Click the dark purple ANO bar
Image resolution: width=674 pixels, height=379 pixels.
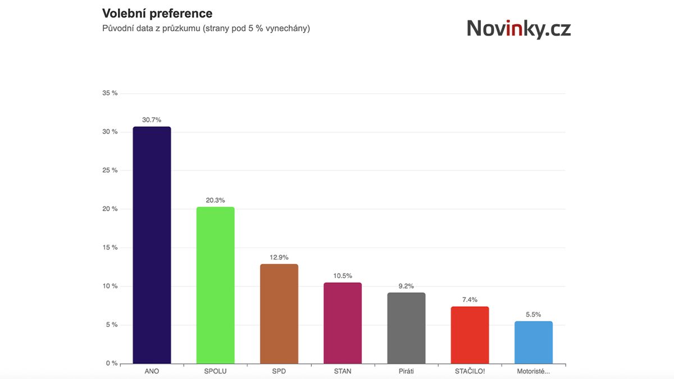pos(152,245)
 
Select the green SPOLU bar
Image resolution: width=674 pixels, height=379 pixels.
pos(215,285)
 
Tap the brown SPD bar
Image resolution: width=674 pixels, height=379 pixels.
pos(279,314)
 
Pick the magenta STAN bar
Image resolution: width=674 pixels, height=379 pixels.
pos(343,323)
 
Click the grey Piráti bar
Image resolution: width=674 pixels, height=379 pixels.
pos(406,328)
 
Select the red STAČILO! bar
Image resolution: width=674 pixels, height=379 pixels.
pos(470,335)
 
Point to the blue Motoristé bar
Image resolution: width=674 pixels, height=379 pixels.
pos(534,343)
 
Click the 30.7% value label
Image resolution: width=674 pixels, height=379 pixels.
pos(152,120)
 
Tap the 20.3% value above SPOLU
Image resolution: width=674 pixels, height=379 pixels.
pos(215,200)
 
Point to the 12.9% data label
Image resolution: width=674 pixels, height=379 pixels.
pos(279,258)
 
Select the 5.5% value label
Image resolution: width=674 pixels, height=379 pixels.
pos(534,315)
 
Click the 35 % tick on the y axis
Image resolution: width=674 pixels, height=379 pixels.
pos(110,93)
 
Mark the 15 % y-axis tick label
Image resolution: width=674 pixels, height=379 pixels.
pos(110,248)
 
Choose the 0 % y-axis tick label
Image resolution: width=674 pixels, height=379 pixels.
pos(111,363)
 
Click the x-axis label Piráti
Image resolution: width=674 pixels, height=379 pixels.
pos(406,372)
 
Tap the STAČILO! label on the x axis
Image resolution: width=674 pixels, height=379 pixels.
pos(470,372)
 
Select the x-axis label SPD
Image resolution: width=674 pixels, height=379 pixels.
pos(279,372)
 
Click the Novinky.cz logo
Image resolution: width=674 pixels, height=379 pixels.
pos(518,28)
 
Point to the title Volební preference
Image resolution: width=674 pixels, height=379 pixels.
pos(157,13)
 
